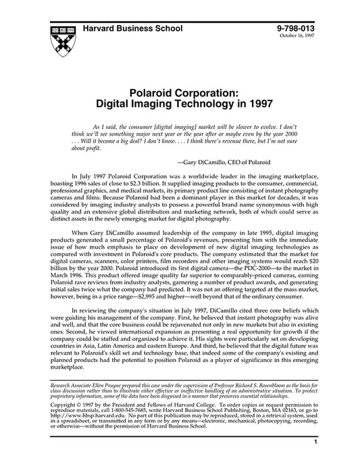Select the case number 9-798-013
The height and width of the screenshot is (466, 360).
click(x=299, y=28)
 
